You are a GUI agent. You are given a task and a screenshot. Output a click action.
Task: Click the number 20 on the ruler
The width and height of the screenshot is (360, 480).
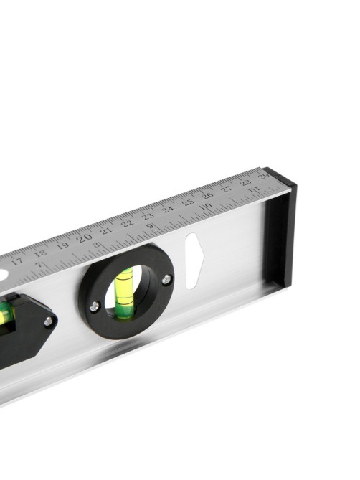tap(84, 237)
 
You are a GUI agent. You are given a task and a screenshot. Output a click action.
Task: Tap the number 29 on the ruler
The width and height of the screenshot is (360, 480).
tap(263, 176)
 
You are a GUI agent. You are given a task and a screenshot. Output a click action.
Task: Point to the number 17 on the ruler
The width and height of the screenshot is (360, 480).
tap(17, 261)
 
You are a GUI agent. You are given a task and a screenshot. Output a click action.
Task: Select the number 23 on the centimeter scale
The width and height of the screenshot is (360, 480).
tap(148, 216)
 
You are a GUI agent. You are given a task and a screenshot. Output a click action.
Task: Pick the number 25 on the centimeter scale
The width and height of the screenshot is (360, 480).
tap(188, 202)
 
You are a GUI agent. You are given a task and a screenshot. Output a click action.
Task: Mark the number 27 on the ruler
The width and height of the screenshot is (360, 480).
tap(227, 189)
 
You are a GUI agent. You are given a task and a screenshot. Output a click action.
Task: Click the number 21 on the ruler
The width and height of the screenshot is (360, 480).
tap(106, 230)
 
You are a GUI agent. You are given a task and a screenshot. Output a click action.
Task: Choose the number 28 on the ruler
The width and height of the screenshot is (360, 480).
tap(245, 182)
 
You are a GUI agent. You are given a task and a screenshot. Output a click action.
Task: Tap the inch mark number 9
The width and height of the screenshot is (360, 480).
tap(150, 226)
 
